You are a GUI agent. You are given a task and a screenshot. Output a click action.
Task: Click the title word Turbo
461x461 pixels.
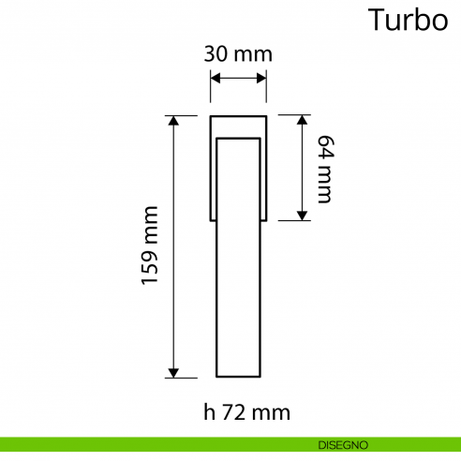click(x=408, y=20)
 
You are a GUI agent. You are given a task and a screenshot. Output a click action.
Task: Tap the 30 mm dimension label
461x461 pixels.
click(x=238, y=53)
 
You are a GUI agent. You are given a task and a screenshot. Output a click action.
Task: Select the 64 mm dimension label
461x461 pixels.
click(x=325, y=169)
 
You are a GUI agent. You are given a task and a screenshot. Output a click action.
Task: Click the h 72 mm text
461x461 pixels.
click(x=246, y=411)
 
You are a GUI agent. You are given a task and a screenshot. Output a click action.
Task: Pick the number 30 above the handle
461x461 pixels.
click(x=216, y=53)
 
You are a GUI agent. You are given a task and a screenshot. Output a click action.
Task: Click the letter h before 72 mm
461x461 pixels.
click(x=210, y=411)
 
